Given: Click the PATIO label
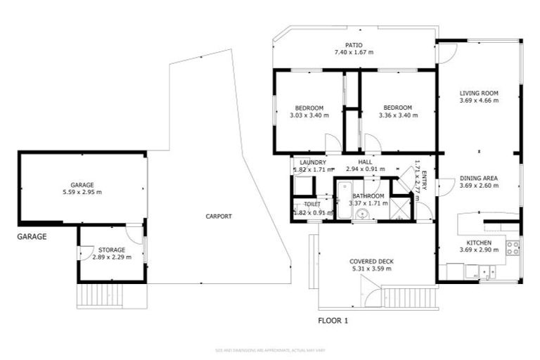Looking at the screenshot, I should [354, 44].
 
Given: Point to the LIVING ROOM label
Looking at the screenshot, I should [479, 93].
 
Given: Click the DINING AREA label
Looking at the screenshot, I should [479, 178].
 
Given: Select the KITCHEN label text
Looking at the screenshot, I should [479, 242].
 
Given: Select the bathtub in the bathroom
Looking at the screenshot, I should [343, 201].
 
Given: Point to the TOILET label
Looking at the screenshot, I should [312, 204].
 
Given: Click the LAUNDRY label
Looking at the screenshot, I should [311, 162].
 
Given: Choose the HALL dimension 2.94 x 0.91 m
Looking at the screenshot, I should [365, 169].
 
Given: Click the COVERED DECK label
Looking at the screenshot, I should [371, 262].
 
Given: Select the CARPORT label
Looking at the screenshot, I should [219, 217].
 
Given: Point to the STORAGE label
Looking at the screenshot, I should [112, 250].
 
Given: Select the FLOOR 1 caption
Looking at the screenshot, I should [333, 321].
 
